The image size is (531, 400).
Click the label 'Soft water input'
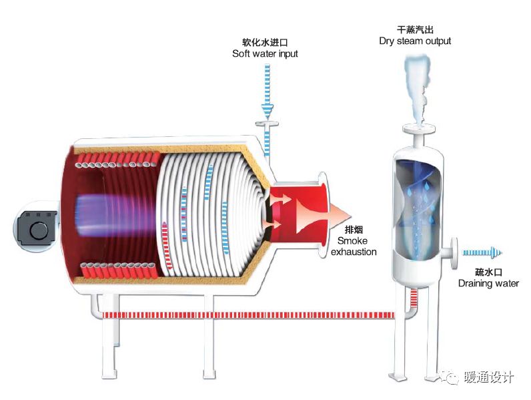point(265,53)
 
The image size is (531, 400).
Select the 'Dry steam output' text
point(415,41)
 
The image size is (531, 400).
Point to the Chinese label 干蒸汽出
point(415,29)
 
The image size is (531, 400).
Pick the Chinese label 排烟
point(352,230)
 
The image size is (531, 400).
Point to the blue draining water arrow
point(482,252)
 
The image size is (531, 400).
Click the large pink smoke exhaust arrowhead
point(338,212)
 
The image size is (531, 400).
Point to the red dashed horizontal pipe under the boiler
point(253,313)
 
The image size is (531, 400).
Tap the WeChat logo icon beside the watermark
point(452,379)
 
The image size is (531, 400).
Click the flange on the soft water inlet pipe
point(267,124)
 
